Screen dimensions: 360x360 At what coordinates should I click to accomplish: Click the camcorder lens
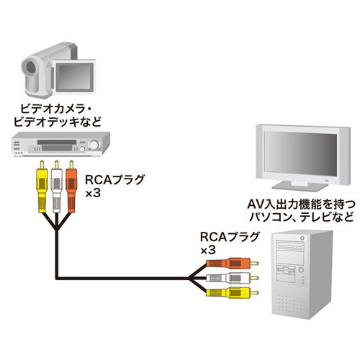(31, 67)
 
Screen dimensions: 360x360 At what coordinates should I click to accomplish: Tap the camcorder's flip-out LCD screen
(74, 77)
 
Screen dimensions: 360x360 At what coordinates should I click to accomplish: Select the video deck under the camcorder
(60, 144)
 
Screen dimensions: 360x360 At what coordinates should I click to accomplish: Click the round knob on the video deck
(94, 145)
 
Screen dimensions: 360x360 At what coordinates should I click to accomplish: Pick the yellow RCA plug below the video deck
(42, 186)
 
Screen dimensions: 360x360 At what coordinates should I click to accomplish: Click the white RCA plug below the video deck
(56, 186)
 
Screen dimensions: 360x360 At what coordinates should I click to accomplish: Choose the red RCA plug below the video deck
(71, 186)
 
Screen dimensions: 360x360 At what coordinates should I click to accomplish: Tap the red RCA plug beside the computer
(233, 264)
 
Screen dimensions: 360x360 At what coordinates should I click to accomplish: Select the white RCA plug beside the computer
(233, 278)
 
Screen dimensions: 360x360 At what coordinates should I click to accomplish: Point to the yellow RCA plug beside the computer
(233, 293)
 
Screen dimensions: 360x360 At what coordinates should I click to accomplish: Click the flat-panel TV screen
(300, 153)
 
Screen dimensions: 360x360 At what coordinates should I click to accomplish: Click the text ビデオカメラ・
(56, 109)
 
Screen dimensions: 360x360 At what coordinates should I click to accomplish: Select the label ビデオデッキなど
(58, 122)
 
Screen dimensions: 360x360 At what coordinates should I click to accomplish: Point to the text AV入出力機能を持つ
(301, 204)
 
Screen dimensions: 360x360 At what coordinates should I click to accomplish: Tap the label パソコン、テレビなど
(301, 217)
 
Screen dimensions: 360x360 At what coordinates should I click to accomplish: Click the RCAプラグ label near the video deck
(115, 180)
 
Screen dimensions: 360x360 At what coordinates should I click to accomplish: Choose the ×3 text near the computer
(208, 251)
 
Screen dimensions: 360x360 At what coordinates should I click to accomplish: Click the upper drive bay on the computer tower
(290, 246)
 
